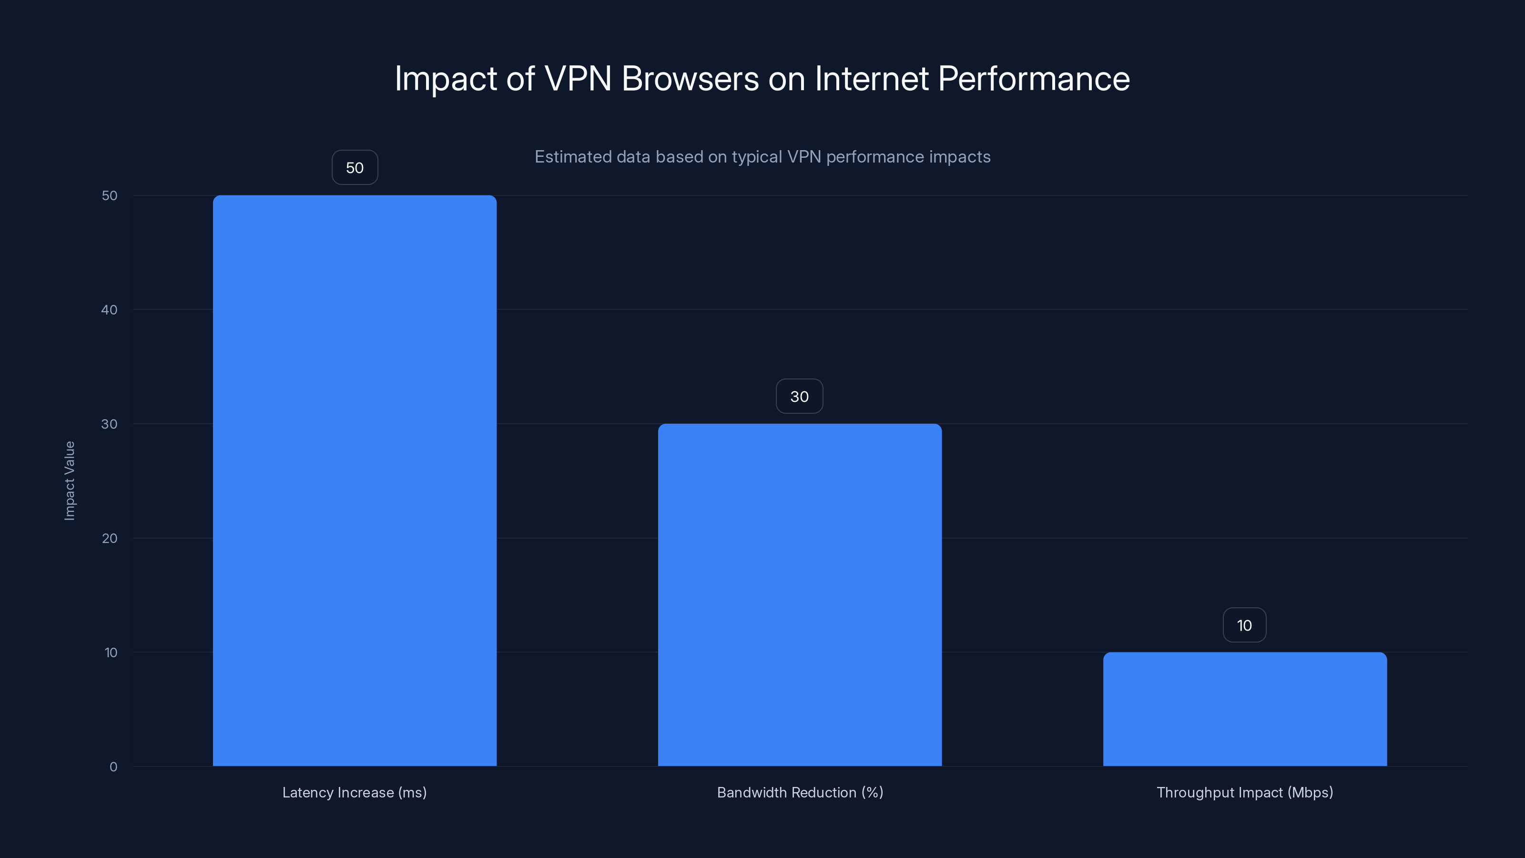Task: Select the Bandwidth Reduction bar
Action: pos(799,594)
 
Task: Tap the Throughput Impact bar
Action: pos(1244,709)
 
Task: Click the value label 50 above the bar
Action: pos(355,168)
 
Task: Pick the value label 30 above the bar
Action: pos(799,396)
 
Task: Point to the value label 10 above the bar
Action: pos(1244,625)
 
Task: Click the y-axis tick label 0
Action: pos(113,767)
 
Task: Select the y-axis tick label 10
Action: pos(111,653)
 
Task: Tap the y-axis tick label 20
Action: pos(110,538)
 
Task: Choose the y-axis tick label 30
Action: pos(110,424)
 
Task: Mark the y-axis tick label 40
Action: pos(110,310)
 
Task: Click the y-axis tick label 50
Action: pos(110,195)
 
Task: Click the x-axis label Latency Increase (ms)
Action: pos(355,792)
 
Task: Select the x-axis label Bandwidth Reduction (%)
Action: pos(800,792)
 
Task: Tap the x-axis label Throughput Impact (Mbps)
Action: pos(1244,792)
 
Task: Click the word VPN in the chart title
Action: pos(577,79)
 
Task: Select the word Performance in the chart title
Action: pos(1034,79)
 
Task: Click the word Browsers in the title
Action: pos(690,79)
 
